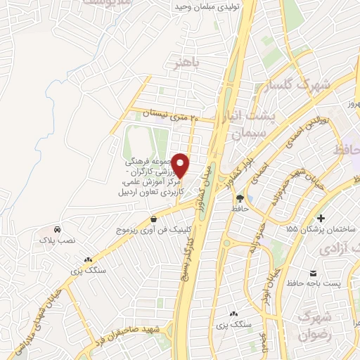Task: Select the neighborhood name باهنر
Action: tap(188, 64)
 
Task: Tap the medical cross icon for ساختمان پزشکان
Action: tap(321, 218)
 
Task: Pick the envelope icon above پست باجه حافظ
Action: tap(313, 272)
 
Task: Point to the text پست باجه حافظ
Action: tap(313, 283)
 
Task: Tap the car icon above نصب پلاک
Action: tap(57, 229)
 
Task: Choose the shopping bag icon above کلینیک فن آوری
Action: tap(153, 219)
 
